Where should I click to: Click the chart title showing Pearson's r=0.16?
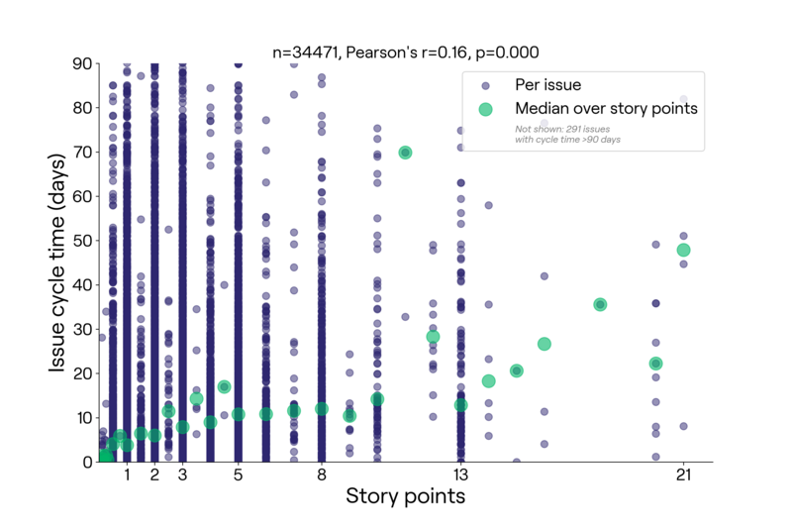[406, 53]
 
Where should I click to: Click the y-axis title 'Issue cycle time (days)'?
[56, 264]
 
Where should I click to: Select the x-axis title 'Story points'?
[406, 495]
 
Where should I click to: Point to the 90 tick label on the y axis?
[82, 63]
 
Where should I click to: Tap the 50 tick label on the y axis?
[82, 241]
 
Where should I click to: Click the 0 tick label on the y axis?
[87, 462]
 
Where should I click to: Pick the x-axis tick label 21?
[683, 475]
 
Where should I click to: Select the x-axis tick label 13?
[460, 475]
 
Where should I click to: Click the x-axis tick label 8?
[322, 475]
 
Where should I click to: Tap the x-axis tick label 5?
[238, 475]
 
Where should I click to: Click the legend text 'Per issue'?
[548, 85]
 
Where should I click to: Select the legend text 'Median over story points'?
[606, 108]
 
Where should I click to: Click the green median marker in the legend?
[485, 109]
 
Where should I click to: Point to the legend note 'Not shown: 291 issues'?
[562, 129]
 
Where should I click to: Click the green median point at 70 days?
[405, 153]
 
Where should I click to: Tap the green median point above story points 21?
[683, 250]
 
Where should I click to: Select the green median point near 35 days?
[600, 305]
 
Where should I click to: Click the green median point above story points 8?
[322, 409]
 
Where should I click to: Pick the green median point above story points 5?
[238, 414]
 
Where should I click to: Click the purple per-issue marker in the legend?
[485, 86]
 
